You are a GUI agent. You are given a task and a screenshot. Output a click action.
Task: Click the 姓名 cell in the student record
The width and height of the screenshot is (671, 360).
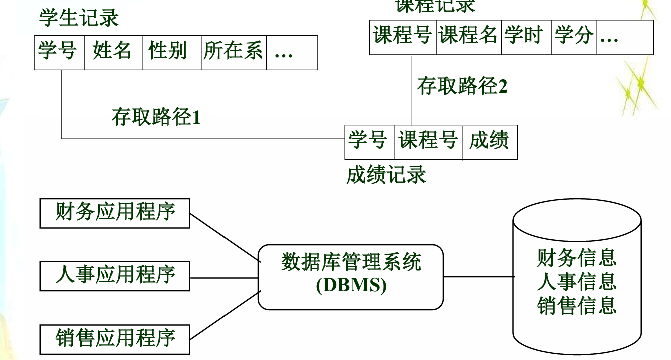coord(112,52)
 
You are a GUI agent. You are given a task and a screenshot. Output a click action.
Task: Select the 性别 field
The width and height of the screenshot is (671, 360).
coord(168,52)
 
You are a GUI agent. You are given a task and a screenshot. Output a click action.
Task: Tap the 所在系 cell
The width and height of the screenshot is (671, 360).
coord(233,52)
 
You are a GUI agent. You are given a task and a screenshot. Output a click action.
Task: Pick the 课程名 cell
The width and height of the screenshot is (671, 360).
coord(469,36)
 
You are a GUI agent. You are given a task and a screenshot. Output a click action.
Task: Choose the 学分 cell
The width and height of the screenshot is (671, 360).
coord(574,36)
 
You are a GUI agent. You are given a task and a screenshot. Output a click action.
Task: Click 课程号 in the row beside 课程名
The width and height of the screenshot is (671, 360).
coord(403,36)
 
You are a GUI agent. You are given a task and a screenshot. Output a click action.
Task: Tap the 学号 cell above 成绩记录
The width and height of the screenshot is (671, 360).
coord(368,141)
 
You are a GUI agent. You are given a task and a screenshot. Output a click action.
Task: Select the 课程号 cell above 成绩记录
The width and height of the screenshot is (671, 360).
coord(428,141)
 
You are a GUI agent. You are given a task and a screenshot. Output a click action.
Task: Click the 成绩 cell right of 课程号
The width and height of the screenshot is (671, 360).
coord(489,141)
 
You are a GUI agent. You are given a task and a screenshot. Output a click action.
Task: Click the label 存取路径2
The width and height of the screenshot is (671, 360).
coord(463,86)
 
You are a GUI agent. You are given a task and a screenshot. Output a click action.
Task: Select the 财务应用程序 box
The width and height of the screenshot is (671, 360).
coord(115,213)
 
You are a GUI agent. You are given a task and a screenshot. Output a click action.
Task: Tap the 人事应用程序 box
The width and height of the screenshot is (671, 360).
coord(115,276)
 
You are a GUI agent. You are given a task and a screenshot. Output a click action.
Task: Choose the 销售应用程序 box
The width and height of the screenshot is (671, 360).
coord(115,338)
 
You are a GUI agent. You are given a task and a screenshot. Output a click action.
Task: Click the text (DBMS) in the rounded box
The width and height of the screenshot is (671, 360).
coord(351,285)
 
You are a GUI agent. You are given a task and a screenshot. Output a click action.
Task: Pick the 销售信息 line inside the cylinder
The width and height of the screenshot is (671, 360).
coord(577,305)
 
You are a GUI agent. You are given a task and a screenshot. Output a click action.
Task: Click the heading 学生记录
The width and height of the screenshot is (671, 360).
coord(79,19)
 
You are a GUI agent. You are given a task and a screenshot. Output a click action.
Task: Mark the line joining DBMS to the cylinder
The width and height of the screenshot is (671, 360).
coord(479,276)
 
